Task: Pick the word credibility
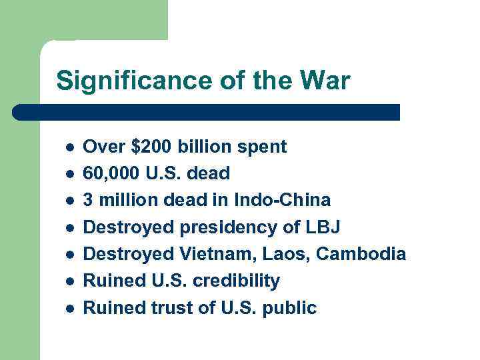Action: pyautogui.click(x=236, y=281)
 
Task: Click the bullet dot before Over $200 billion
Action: pyautogui.click(x=68, y=147)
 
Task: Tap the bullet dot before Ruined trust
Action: pyautogui.click(x=68, y=309)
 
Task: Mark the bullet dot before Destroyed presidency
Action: pyautogui.click(x=68, y=228)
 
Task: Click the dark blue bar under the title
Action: pyautogui.click(x=207, y=112)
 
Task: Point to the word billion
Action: pyautogui.click(x=204, y=147)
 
